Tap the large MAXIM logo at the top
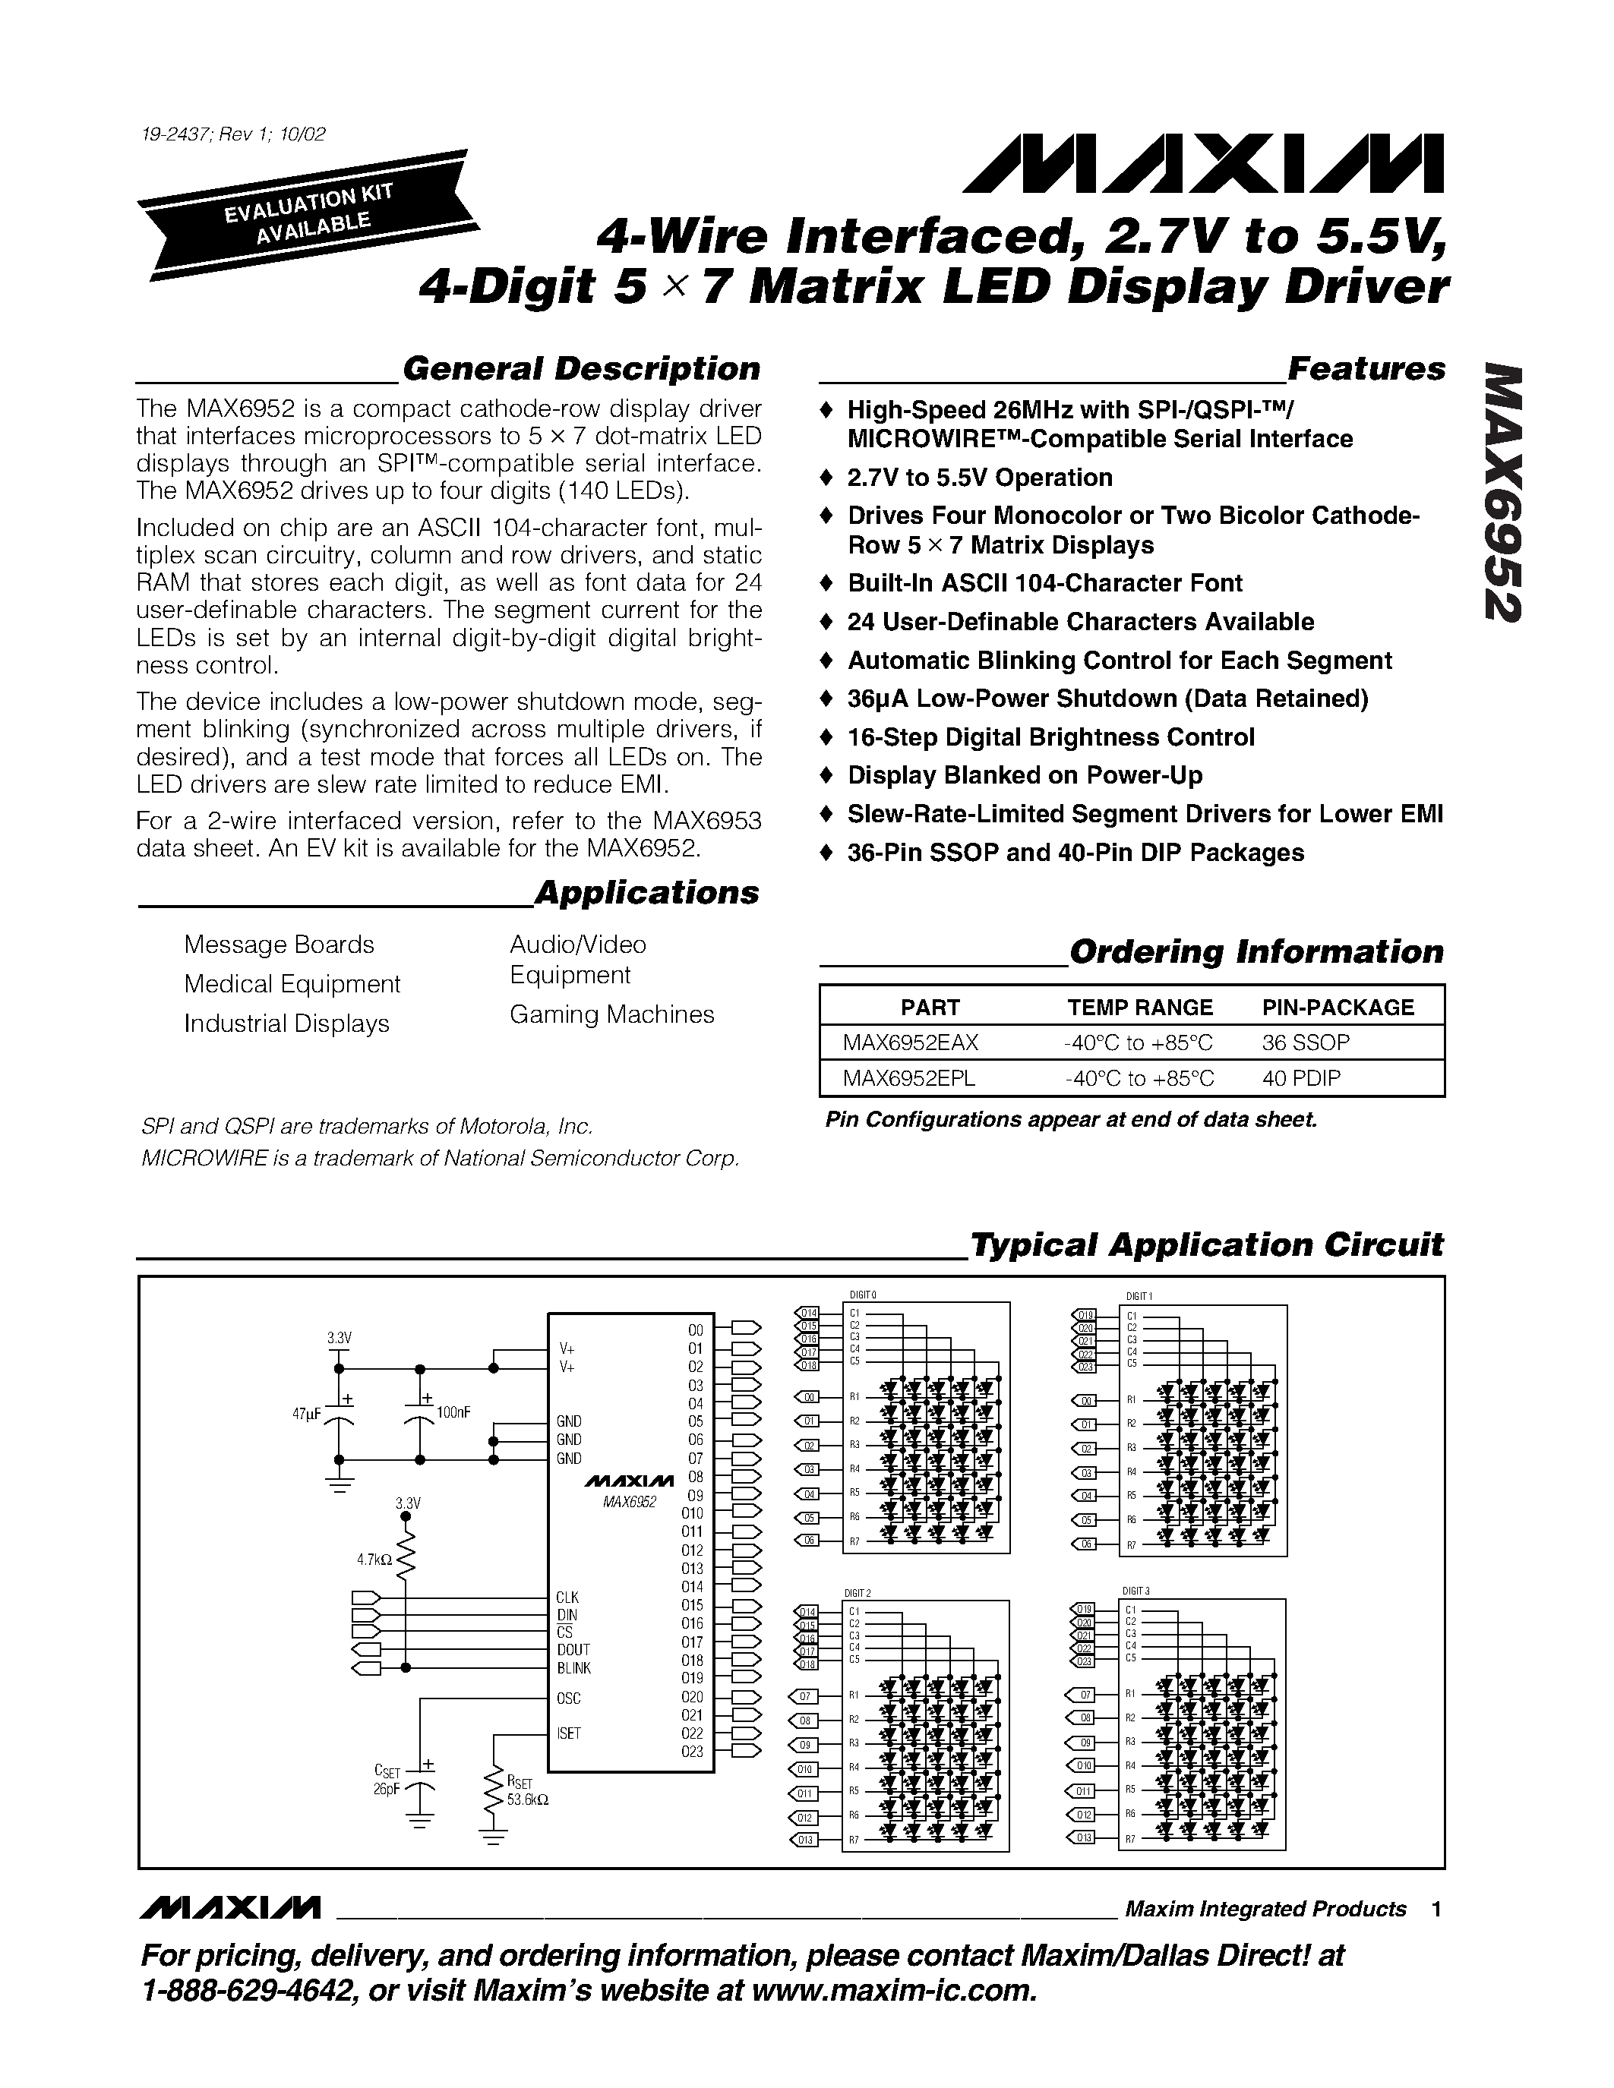click(x=1203, y=165)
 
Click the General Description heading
click(x=580, y=369)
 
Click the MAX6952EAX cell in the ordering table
click(x=910, y=1042)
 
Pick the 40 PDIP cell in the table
click(x=1300, y=1078)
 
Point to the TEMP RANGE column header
click(x=1140, y=1007)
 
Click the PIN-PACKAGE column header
click(x=1338, y=1007)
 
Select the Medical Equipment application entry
click(x=292, y=984)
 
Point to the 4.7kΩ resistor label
click(x=374, y=1560)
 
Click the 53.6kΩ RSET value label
click(x=528, y=1798)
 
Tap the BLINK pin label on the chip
click(x=573, y=1668)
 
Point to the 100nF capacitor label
click(x=453, y=1412)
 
